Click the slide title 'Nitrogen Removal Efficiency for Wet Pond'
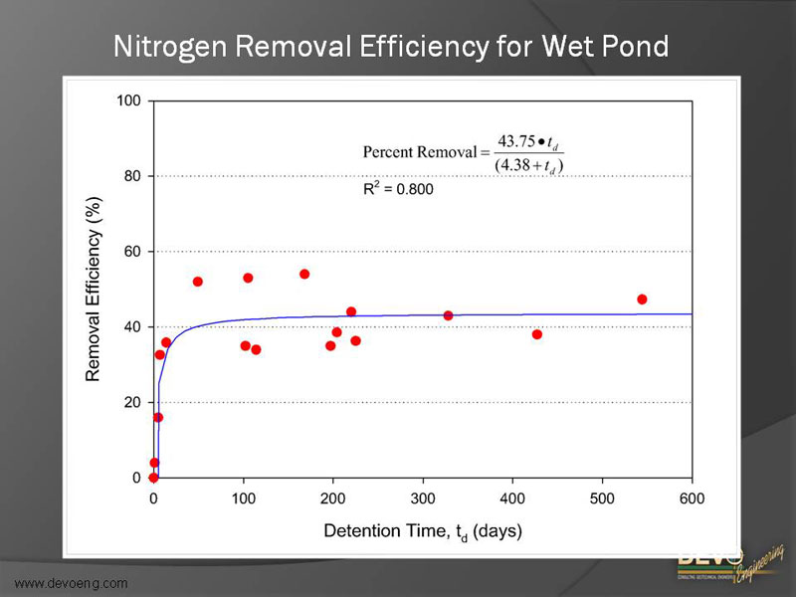pyautogui.click(x=390, y=47)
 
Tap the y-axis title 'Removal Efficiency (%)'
pyautogui.click(x=94, y=290)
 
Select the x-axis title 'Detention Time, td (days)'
pyautogui.click(x=422, y=532)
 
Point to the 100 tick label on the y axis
pyautogui.click(x=128, y=100)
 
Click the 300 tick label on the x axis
pyautogui.click(x=423, y=498)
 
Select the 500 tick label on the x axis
pyautogui.click(x=602, y=498)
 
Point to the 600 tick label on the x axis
pyautogui.click(x=692, y=498)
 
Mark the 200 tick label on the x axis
pyautogui.click(x=332, y=498)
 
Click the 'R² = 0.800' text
pyautogui.click(x=398, y=188)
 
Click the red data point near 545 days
pyautogui.click(x=642, y=299)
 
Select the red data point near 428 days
pyautogui.click(x=537, y=334)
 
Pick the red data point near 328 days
pyautogui.click(x=448, y=315)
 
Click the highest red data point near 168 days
pyautogui.click(x=304, y=274)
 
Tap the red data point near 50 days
pyautogui.click(x=198, y=282)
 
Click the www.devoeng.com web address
pyautogui.click(x=71, y=582)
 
